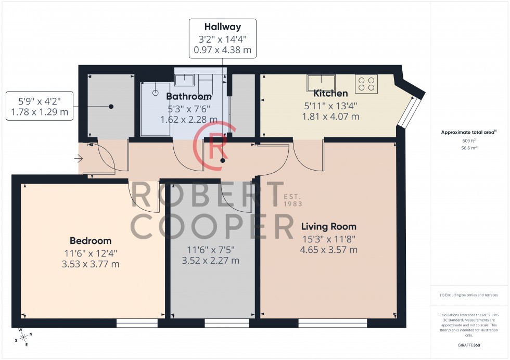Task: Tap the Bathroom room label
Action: pyautogui.click(x=189, y=96)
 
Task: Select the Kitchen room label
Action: pyautogui.click(x=330, y=94)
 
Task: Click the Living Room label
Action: pyautogui.click(x=329, y=226)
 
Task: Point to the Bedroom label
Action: pyautogui.click(x=91, y=241)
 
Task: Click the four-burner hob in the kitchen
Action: pyautogui.click(x=366, y=84)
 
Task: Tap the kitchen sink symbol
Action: pyautogui.click(x=321, y=83)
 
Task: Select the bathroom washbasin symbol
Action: pyautogui.click(x=184, y=80)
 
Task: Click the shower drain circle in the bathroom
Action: pyautogui.click(x=155, y=93)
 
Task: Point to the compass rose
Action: pyautogui.click(x=23, y=337)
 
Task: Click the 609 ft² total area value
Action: pyautogui.click(x=470, y=141)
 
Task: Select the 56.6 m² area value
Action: pyautogui.click(x=470, y=148)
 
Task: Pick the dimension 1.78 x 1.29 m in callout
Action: pyautogui.click(x=39, y=112)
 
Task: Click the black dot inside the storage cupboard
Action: pyautogui.click(x=111, y=107)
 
